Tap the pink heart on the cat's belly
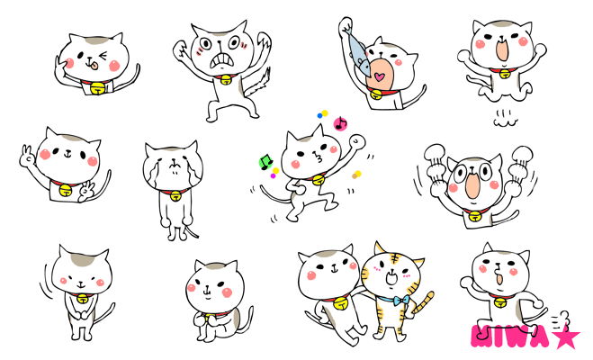[380, 76]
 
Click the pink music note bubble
[340, 123]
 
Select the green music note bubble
[265, 162]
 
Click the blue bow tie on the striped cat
[400, 301]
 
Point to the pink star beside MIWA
[564, 335]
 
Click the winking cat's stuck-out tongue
[94, 67]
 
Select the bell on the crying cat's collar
[175, 196]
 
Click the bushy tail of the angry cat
[258, 85]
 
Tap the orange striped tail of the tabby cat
[423, 302]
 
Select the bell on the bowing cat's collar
[83, 299]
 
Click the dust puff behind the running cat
[560, 319]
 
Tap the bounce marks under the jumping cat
[505, 119]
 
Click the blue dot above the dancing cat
[320, 115]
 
